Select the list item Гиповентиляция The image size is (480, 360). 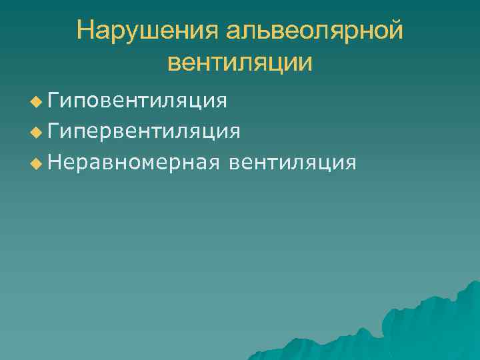(137, 101)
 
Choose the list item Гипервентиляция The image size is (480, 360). (144, 131)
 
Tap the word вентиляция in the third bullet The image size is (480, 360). (292, 162)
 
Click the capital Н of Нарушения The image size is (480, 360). (85, 31)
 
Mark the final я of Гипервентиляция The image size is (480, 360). (235, 132)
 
